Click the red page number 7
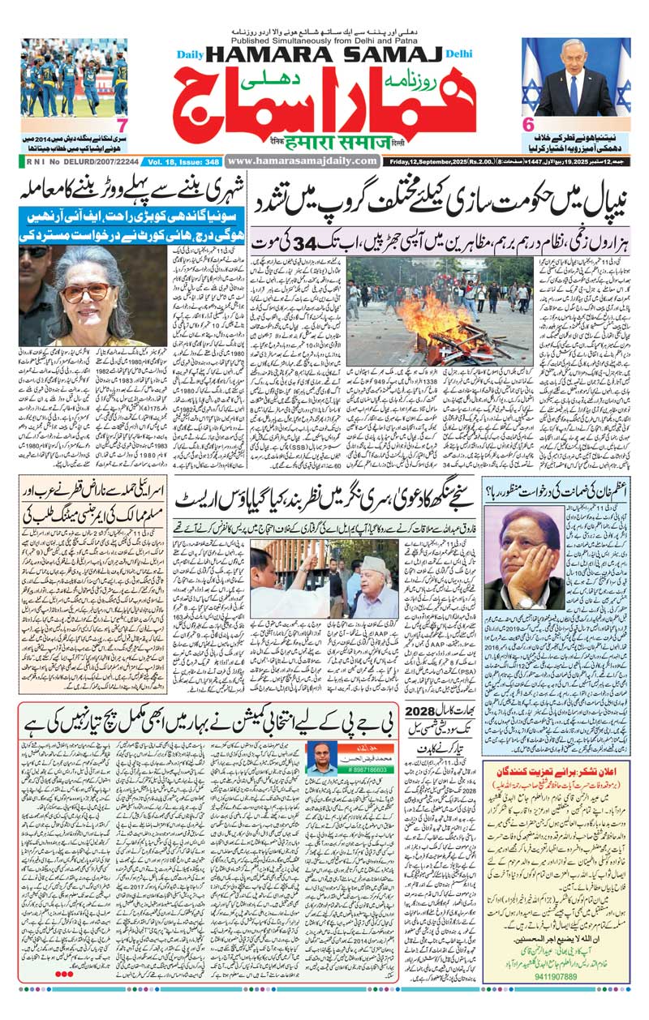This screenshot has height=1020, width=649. pyautogui.click(x=122, y=125)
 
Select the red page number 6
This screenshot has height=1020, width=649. pyautogui.click(x=527, y=125)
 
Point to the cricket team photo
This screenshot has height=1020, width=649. pyautogui.click(x=74, y=77)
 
